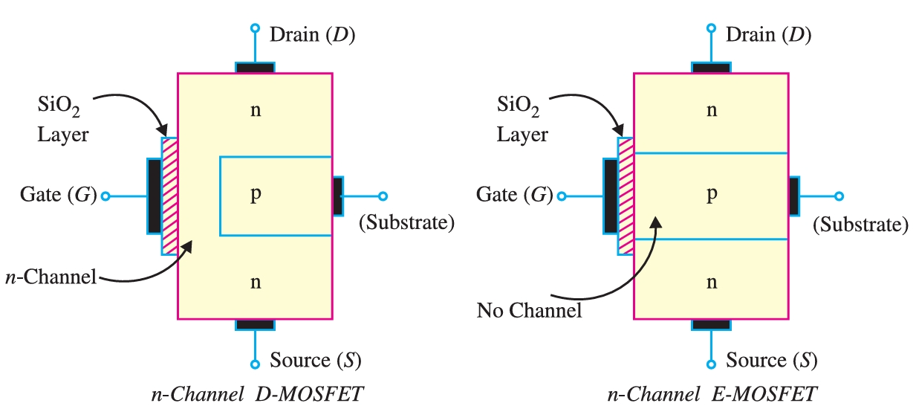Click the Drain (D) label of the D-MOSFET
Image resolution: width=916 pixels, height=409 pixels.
[312, 35]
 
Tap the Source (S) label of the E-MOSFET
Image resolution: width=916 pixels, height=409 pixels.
[771, 361]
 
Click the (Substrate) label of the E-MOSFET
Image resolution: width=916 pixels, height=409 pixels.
[861, 223]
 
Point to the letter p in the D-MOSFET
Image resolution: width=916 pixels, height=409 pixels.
[255, 195]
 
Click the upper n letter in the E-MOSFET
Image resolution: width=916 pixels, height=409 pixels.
[711, 111]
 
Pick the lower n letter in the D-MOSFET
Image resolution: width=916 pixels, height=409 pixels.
[255, 282]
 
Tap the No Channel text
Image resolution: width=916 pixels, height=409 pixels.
[529, 310]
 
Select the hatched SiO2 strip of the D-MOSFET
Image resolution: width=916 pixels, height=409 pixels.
[170, 196]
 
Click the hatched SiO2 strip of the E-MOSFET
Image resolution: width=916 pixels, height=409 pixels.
[626, 196]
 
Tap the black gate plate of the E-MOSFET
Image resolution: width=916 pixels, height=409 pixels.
[611, 196]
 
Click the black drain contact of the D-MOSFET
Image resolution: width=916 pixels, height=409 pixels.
[255, 68]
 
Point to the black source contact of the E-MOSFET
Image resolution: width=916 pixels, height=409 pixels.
[711, 324]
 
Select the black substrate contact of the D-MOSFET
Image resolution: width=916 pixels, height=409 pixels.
[338, 196]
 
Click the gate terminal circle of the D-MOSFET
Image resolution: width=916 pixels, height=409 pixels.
[105, 196]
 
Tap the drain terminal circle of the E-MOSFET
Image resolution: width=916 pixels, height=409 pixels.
[711, 28]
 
